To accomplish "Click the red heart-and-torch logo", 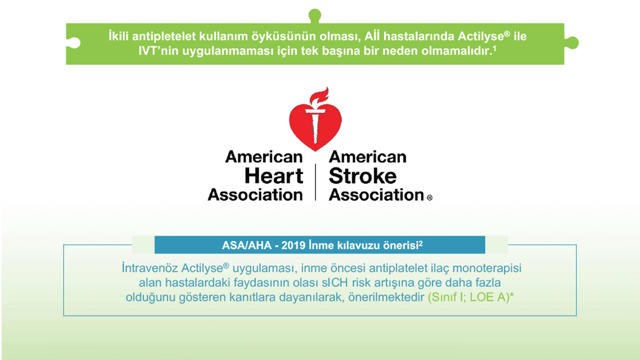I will (315, 123).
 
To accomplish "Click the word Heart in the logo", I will (274, 176).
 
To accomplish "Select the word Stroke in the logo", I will (363, 176).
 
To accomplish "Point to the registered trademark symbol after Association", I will (429, 198).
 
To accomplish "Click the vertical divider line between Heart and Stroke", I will (316, 182).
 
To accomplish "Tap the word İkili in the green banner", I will (116, 37).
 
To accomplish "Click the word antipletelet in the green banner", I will (163, 37).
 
